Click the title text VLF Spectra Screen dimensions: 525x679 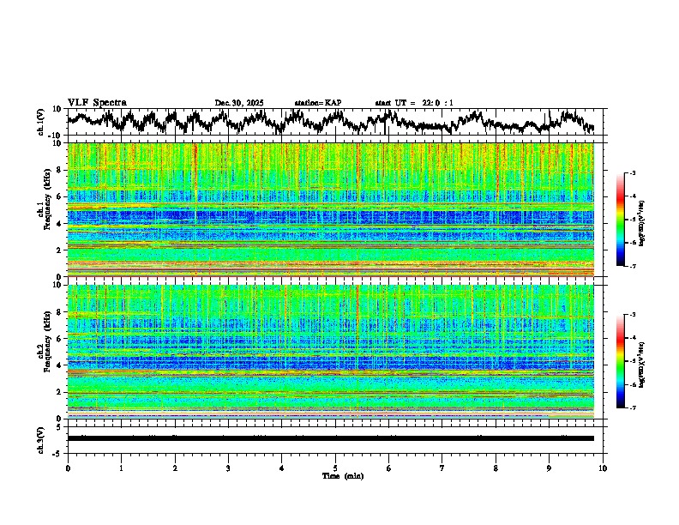pos(97,103)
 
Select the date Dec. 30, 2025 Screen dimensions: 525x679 pos(239,103)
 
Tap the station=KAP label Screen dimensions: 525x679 pos(317,103)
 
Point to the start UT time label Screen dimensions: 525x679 pos(413,103)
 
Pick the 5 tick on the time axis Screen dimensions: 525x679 pos(335,468)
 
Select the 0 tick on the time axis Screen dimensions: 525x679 pos(68,468)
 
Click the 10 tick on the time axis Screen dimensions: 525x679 pos(603,468)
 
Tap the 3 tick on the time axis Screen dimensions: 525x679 pos(228,468)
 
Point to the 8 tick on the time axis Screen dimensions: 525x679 pos(496,468)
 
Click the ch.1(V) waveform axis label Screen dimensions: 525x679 pos(41,122)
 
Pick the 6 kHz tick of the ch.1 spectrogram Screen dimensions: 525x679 pos(61,196)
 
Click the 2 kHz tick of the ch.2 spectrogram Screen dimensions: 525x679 pos(61,392)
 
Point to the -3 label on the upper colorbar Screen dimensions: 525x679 pos(632,174)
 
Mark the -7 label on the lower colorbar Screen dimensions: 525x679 pos(632,408)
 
